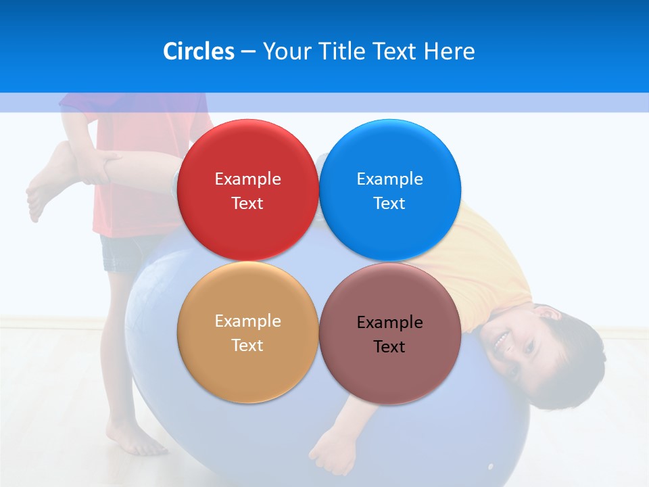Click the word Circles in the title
(x=198, y=51)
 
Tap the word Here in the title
(x=449, y=51)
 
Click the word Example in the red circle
(x=247, y=179)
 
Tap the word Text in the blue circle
(x=389, y=204)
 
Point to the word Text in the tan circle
(x=247, y=346)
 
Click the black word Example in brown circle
(x=389, y=323)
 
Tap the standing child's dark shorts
(x=125, y=254)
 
